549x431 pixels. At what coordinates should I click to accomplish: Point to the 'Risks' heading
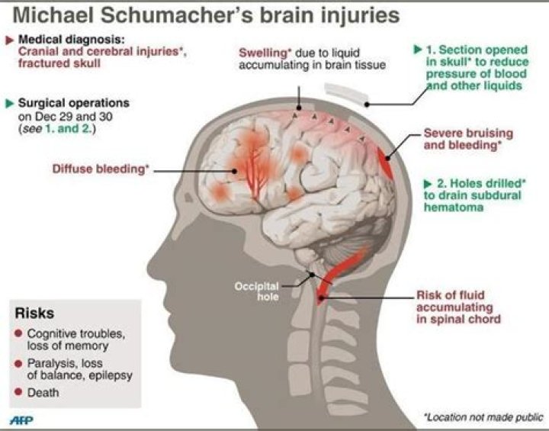[x=35, y=314]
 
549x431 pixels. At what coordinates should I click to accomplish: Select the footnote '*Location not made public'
[x=483, y=417]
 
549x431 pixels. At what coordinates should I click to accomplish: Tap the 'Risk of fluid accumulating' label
[x=457, y=307]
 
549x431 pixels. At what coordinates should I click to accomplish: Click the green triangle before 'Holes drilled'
[x=427, y=183]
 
